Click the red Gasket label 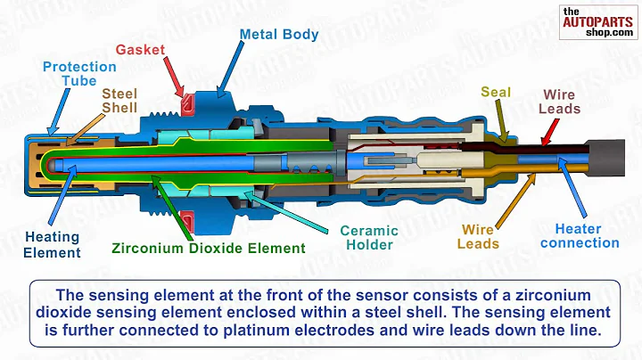click(140, 51)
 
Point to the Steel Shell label click(119, 100)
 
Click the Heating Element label click(53, 245)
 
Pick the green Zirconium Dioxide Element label click(208, 249)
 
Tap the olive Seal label click(496, 91)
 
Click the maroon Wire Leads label click(560, 102)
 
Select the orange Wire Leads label click(478, 236)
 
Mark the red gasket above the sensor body click(188, 105)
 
